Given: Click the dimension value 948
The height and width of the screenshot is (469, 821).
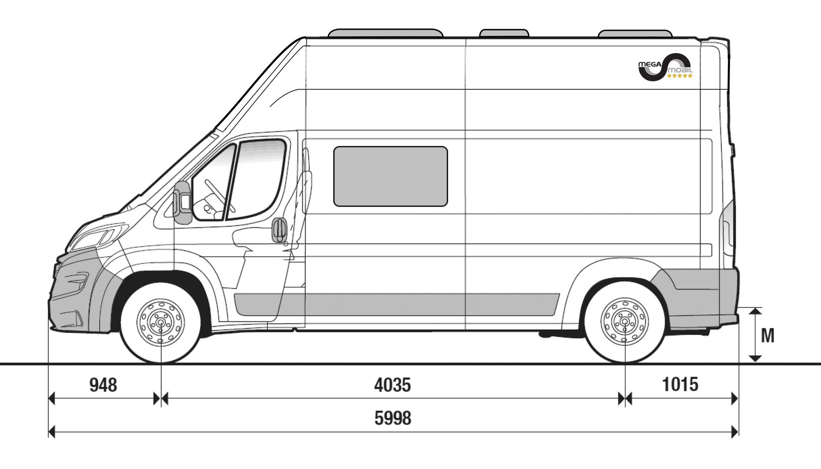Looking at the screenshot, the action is (x=103, y=385).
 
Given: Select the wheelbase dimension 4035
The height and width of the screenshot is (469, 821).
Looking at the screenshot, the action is (x=393, y=385).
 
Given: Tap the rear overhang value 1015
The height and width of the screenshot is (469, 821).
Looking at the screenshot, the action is (x=680, y=384).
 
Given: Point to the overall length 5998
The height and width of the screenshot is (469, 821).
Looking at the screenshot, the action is (x=393, y=418).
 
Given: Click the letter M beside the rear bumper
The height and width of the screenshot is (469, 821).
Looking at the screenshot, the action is (x=768, y=336).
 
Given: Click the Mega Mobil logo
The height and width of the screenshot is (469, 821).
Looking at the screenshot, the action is (x=665, y=67).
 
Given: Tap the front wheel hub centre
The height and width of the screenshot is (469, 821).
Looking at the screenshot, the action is (x=161, y=322).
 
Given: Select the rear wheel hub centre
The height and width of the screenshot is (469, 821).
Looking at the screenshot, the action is (x=625, y=321).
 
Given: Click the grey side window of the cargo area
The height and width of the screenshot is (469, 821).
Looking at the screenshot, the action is (x=390, y=176).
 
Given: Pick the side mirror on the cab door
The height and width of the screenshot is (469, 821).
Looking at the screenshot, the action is (x=183, y=202).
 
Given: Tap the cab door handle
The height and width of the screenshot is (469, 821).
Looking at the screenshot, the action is (x=279, y=230).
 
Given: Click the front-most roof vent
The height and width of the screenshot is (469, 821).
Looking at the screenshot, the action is (x=385, y=33).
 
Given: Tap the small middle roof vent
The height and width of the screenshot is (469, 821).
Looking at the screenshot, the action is (x=504, y=33).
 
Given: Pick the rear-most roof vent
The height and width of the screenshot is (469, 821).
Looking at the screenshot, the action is (x=635, y=34).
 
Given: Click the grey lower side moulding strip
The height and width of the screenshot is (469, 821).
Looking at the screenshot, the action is (x=397, y=304).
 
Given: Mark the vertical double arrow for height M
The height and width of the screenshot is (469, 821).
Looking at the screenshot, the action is (x=756, y=335).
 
